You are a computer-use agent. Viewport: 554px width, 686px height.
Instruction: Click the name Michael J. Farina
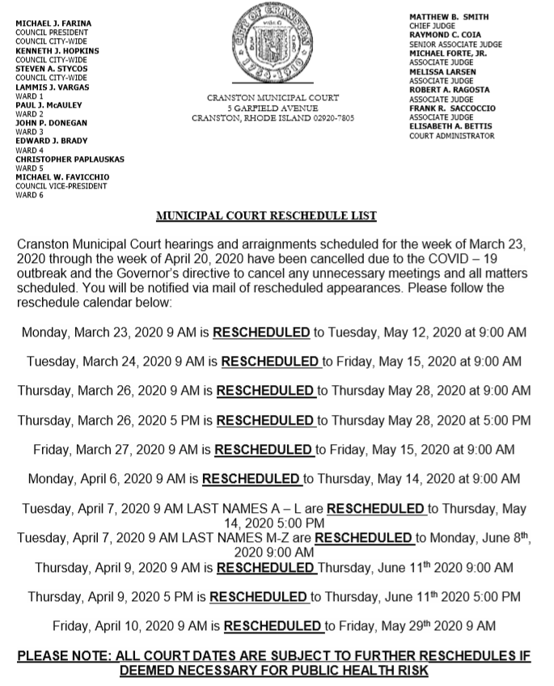pos(53,23)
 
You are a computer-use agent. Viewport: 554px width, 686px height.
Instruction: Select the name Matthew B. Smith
pos(449,17)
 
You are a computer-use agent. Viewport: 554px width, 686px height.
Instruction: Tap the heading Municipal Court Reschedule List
pos(266,217)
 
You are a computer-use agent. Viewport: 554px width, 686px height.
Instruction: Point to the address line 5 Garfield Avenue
pos(273,108)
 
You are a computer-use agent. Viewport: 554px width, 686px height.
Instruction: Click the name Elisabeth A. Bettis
pos(450,126)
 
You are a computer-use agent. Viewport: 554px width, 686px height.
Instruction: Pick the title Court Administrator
pos(451,136)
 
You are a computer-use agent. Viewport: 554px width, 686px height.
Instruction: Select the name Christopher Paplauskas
pos(67,159)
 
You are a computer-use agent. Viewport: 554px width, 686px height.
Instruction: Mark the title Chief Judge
pos(433,26)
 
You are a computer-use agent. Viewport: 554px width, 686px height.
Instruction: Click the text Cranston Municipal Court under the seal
pos(273,98)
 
